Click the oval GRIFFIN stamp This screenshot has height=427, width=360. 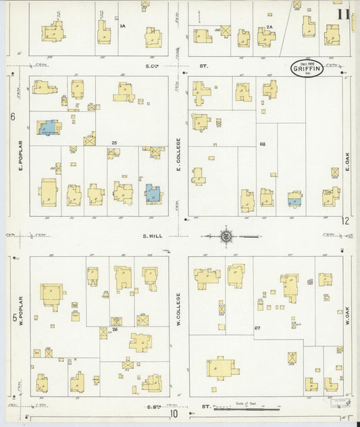(x=307, y=68)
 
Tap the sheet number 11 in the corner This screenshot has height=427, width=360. (x=344, y=14)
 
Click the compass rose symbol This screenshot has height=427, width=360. (x=226, y=236)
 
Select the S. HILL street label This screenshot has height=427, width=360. (x=150, y=236)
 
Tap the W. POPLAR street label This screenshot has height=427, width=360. (x=22, y=312)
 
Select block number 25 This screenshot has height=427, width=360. (x=115, y=143)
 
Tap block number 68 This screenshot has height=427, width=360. (x=262, y=144)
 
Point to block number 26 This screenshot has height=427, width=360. (x=115, y=330)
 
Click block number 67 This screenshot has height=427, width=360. (x=257, y=328)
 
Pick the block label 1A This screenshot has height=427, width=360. (x=122, y=26)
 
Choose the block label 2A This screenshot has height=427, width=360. (x=269, y=27)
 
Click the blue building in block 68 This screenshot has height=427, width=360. (x=294, y=201)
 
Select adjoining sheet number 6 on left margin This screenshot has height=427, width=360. (x=12, y=116)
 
